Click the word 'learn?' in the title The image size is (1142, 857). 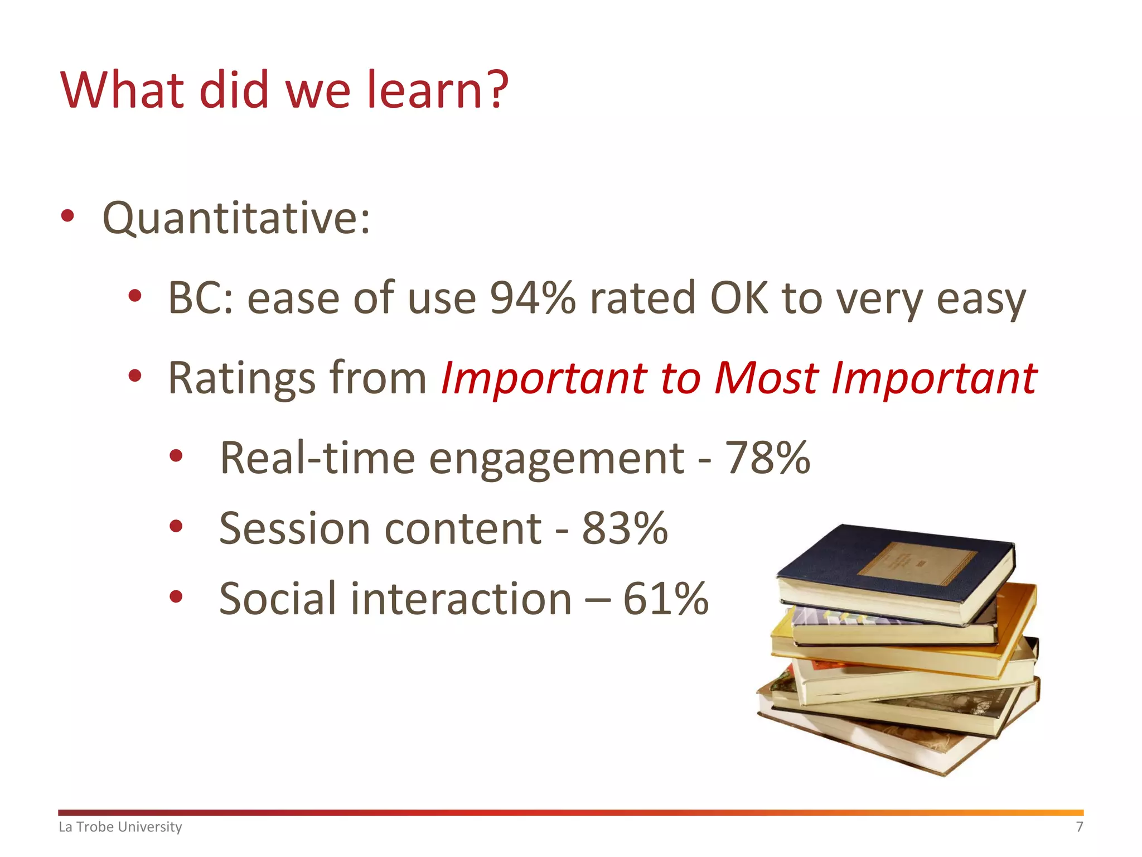[437, 90]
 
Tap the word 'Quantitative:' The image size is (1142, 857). [236, 218]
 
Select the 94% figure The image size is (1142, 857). [533, 298]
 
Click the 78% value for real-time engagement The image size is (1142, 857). [767, 458]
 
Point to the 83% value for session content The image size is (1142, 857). [625, 528]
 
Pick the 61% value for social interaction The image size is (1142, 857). [665, 598]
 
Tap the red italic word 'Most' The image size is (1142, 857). [766, 378]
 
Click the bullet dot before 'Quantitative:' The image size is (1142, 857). [67, 216]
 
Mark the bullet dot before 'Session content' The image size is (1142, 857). [176, 526]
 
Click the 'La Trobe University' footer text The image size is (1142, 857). [120, 826]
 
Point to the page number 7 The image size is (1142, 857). [1079, 826]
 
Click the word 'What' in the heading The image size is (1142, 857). [122, 90]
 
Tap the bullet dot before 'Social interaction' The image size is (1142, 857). [176, 596]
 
